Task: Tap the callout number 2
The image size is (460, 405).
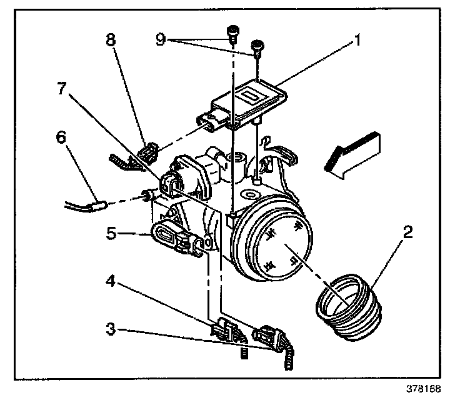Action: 407,234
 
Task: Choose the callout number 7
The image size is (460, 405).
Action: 61,88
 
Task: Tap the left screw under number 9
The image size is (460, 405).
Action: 232,32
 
